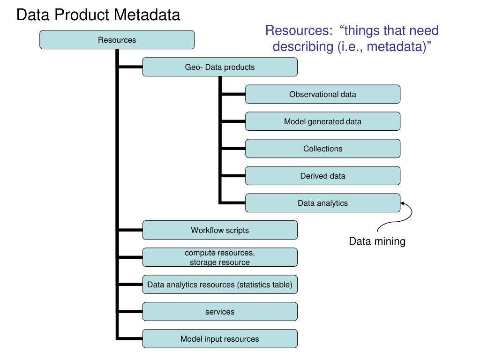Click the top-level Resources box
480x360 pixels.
click(117, 40)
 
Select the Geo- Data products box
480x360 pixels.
click(220, 67)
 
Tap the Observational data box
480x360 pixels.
click(322, 94)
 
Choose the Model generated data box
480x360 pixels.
click(322, 121)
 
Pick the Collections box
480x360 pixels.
click(322, 149)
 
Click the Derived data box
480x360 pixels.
click(322, 176)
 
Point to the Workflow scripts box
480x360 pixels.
click(220, 230)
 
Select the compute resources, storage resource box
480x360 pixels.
click(220, 257)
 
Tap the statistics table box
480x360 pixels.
click(220, 285)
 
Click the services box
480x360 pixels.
click(220, 312)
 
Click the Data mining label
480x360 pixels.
click(377, 241)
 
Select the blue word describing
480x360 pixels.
click(303, 47)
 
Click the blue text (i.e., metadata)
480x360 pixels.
click(384, 47)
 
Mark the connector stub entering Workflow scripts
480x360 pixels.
click(130, 230)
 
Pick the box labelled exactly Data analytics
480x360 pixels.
click(322, 203)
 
